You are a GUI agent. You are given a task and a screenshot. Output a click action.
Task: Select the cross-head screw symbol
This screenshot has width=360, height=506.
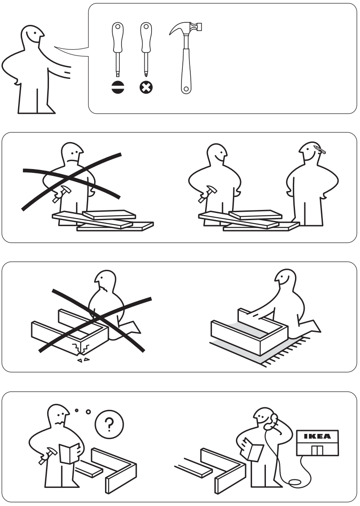point(146,87)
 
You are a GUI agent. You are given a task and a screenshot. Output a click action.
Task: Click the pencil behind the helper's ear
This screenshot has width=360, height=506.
point(320,149)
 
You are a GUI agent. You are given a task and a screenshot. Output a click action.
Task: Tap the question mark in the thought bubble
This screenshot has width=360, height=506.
point(109,424)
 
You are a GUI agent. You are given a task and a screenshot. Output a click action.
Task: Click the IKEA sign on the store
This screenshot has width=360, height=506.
point(317,436)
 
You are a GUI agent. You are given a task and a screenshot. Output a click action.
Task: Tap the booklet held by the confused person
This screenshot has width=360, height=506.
point(69,453)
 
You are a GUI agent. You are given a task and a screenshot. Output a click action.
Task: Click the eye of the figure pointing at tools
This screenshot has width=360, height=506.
point(35,33)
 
